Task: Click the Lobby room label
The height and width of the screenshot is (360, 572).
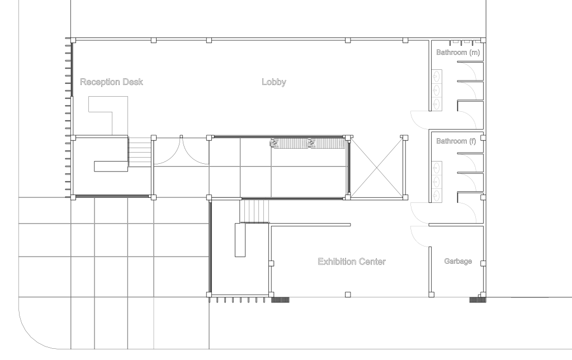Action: [273, 82]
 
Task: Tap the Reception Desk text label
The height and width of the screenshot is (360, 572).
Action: [111, 82]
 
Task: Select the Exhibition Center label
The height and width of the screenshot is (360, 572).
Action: [352, 262]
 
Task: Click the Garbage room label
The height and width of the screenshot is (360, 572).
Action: [458, 261]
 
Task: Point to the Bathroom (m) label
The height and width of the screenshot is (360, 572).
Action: [458, 52]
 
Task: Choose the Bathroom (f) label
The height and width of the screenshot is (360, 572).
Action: [456, 141]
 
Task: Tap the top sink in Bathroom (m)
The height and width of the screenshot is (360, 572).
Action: [437, 77]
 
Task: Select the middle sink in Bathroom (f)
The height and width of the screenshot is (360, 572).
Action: [437, 182]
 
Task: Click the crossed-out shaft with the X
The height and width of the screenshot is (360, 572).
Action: [377, 167]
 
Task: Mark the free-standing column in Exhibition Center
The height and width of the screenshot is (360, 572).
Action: [348, 295]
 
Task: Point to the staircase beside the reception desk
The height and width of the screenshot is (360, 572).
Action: [139, 151]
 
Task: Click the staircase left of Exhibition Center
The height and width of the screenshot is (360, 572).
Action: [254, 210]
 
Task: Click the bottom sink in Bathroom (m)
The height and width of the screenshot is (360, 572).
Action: [437, 103]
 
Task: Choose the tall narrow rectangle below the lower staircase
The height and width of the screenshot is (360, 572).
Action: [240, 240]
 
